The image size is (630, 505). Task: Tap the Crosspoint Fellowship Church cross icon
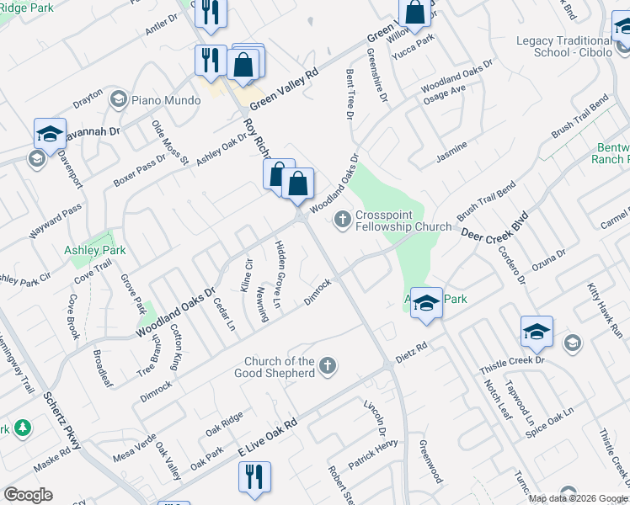pos(342,221)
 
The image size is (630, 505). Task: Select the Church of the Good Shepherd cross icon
pos(328,367)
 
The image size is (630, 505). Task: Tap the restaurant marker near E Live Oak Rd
pos(254,478)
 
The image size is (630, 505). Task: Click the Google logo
pos(28,495)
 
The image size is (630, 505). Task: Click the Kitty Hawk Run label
pos(605,306)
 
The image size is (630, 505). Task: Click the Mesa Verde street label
pos(134,449)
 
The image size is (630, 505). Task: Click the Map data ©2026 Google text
pos(578,498)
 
